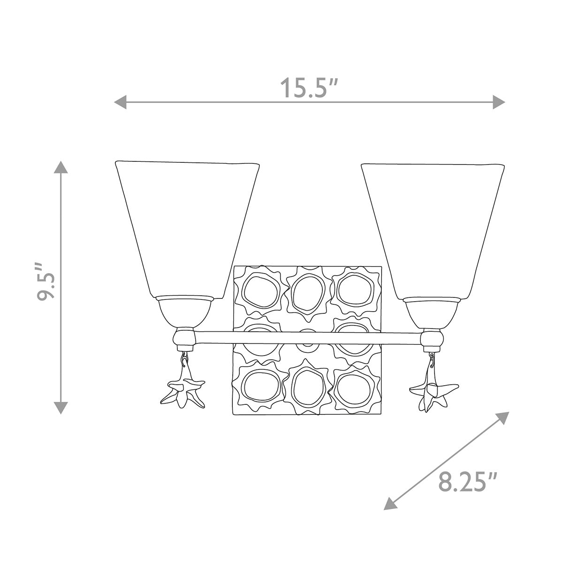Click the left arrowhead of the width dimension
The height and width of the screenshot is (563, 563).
tap(120, 102)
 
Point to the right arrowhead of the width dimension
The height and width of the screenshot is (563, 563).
tap(499, 102)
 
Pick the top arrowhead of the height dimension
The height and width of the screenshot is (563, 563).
tap(61, 167)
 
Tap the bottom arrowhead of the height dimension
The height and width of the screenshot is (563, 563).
tap(61, 408)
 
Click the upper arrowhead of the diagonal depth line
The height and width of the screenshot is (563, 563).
tap(503, 418)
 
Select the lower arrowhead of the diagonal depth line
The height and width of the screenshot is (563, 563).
tap(390, 503)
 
